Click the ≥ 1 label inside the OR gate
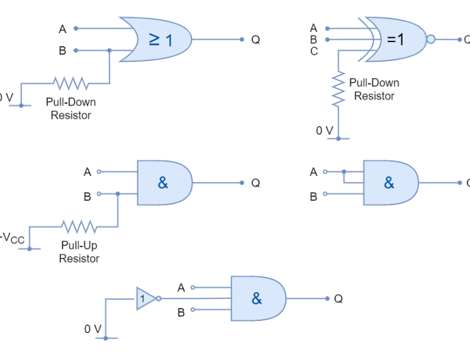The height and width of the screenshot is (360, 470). point(160,40)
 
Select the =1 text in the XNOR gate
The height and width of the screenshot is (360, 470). point(396,40)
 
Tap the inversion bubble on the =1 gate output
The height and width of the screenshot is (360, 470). point(430,40)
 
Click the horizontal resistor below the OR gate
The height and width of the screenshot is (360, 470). point(71,83)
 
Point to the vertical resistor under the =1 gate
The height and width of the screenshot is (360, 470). point(339,88)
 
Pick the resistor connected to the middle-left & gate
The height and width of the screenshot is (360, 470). point(79,226)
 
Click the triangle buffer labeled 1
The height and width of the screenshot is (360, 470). point(145,298)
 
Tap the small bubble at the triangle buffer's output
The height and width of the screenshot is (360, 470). point(159,298)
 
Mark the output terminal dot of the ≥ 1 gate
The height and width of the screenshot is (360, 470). point(242,40)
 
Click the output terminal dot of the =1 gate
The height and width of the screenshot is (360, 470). point(460,40)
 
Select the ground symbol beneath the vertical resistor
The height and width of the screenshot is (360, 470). point(338,139)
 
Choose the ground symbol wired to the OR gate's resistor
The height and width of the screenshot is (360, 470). point(21,106)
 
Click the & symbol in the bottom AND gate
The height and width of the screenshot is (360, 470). point(257,298)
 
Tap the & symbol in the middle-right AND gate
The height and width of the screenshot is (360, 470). point(389,182)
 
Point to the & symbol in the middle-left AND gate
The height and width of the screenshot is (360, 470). point(163,182)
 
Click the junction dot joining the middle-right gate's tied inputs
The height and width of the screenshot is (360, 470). point(344,172)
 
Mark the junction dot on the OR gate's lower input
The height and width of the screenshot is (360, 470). point(109,50)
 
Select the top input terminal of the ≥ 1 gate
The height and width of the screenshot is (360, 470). point(76,28)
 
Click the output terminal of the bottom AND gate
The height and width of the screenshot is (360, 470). point(327,298)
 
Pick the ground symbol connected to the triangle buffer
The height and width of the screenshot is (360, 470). point(106,338)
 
